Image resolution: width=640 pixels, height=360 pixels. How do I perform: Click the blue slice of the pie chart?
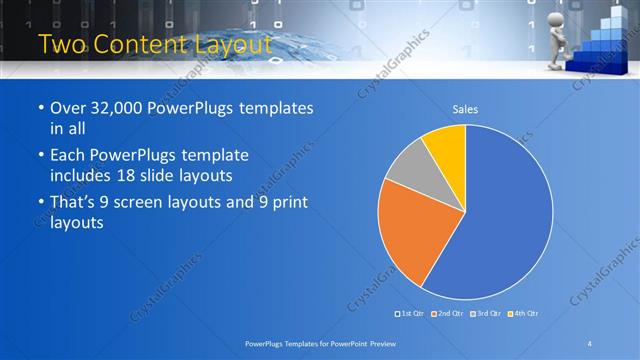click(x=500, y=220)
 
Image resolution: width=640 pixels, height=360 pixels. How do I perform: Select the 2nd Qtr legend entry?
click(x=449, y=314)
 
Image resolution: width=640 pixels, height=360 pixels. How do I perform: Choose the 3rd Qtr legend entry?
click(x=485, y=314)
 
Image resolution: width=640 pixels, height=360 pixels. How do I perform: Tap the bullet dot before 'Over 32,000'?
click(x=39, y=109)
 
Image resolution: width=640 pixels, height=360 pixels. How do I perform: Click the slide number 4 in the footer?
click(x=589, y=344)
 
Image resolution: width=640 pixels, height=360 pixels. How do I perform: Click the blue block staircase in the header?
click(x=603, y=45)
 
